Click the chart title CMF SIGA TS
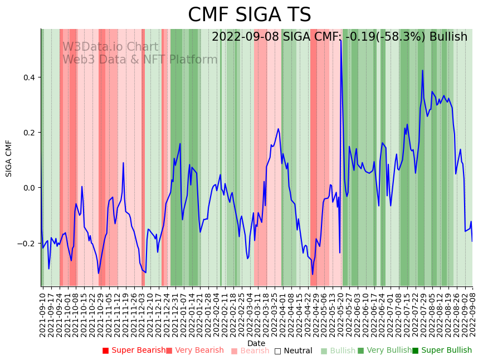249,15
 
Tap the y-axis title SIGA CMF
9,158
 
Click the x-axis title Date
256,343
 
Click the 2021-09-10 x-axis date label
43,313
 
